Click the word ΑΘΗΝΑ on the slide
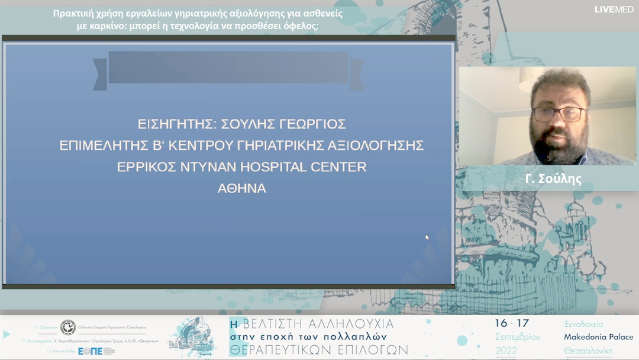point(242,189)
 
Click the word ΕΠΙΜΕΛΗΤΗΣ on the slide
point(108,146)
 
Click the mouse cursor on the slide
point(427,237)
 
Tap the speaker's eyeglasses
point(558,114)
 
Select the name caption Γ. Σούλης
point(553,179)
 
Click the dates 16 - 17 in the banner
point(512,323)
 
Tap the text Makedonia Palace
point(599,337)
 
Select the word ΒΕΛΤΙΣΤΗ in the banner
point(282,324)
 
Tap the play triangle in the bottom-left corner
point(7,335)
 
